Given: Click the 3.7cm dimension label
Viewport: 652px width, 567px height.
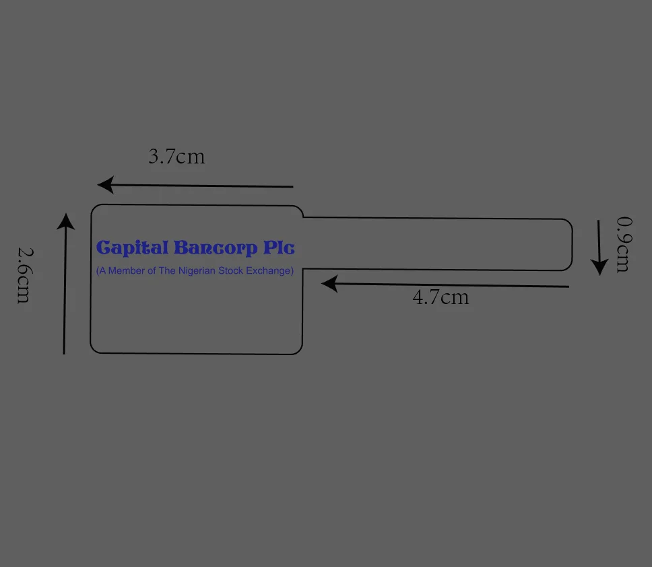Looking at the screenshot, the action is pos(176,157).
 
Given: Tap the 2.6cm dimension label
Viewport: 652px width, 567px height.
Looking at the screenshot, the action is pos(24,274).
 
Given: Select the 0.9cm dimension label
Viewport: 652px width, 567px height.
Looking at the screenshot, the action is pos(624,243).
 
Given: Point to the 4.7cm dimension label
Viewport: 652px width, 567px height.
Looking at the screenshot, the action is pos(441,297).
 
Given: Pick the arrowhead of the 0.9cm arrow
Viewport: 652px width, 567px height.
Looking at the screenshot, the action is pos(599,266).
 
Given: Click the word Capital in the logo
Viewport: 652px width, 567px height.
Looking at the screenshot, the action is pos(132,248).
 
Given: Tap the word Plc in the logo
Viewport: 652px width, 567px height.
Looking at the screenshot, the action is pos(279,248).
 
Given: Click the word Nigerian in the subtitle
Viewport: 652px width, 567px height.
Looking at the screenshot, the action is pos(202,271).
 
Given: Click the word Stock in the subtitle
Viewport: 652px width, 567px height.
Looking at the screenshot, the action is pos(237,271).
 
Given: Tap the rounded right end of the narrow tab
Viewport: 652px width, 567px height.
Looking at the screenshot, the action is pos(570,245).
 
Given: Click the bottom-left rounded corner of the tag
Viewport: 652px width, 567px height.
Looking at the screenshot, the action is pos(94,348).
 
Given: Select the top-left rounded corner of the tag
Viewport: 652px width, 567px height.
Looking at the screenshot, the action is pos(94,209).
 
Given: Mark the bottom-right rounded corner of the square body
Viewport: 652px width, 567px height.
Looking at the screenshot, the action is pos(298,350).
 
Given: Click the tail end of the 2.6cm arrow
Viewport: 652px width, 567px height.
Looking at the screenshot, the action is pos(64,352).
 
